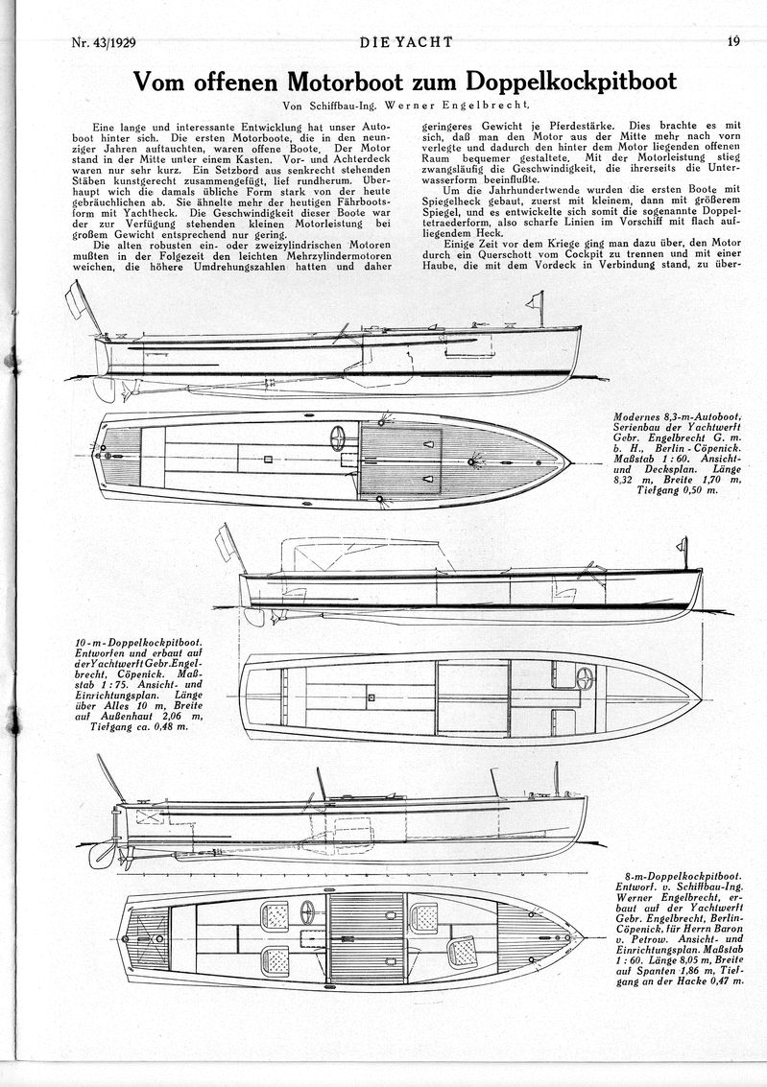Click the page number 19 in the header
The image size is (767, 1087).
point(733,41)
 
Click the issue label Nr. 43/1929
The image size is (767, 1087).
point(104,42)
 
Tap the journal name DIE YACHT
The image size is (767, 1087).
point(406,42)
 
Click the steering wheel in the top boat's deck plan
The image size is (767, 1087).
point(338,438)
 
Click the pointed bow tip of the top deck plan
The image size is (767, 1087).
point(569,461)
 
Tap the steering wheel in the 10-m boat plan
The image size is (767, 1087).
point(585,677)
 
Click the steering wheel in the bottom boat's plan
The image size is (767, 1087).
point(307,911)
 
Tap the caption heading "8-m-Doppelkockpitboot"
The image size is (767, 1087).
point(679,876)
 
